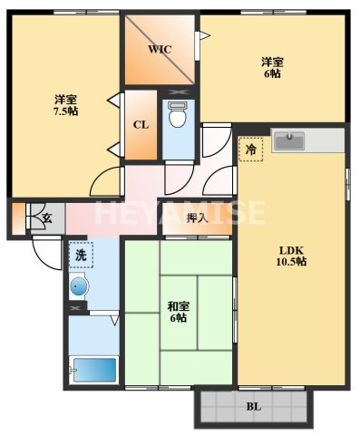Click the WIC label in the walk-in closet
pos(160,49)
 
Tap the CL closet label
pos(141,125)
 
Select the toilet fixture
pos(177,114)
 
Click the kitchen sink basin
pos(288,140)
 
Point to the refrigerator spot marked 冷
pos(250,150)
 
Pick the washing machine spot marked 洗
pos(81,256)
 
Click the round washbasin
pos(78,285)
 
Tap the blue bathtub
pos(95,370)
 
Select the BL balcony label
pos(254,407)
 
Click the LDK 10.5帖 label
pos(291,256)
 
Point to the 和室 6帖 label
pos(179,313)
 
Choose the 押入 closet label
pos(198,217)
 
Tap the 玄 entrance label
pos(47,217)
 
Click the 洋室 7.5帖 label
pos(65,105)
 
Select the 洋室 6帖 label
pos(272,68)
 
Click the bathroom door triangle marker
pos(115,320)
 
